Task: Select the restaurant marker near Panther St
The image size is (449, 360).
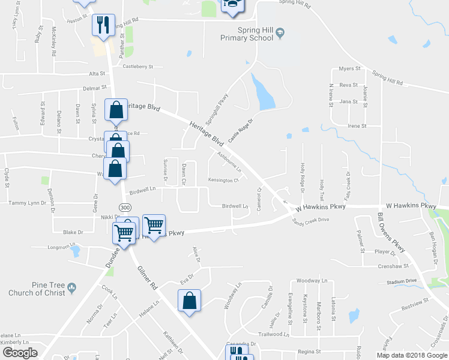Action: (103, 25)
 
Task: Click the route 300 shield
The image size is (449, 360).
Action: (124, 207)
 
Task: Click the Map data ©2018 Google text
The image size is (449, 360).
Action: (411, 355)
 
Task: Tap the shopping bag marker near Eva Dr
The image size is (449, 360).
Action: (189, 302)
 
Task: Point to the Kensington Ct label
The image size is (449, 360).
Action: (223, 180)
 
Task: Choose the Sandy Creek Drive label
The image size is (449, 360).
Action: (312, 220)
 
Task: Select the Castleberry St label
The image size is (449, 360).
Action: (138, 67)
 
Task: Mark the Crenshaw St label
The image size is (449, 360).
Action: (394, 265)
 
